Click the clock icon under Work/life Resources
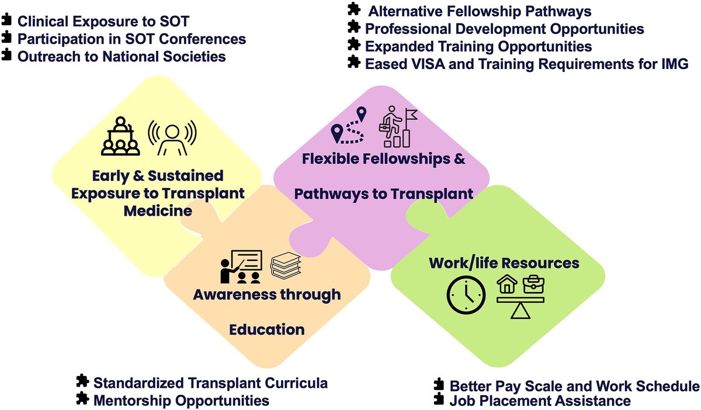(466, 294)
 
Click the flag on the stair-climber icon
(411, 115)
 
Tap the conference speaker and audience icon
(120, 136)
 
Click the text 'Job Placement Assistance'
(540, 401)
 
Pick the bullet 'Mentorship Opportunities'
(181, 401)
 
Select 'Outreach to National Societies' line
(122, 57)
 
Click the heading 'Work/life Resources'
(504, 263)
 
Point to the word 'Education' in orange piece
(266, 329)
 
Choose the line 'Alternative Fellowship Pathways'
(480, 11)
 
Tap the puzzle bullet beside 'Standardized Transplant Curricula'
(82, 382)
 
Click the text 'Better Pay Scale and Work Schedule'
(574, 386)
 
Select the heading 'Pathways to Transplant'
(383, 194)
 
